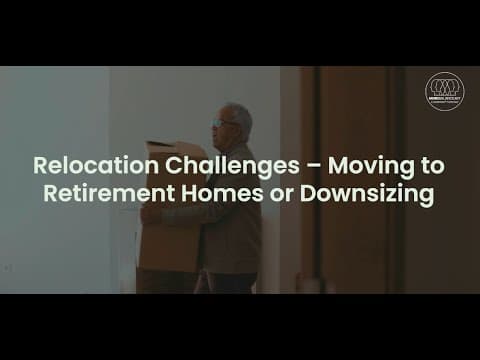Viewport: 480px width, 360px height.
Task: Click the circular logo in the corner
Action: [444, 91]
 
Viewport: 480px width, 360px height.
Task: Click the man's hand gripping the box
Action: [151, 215]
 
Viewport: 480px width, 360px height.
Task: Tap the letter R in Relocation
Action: [40, 164]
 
